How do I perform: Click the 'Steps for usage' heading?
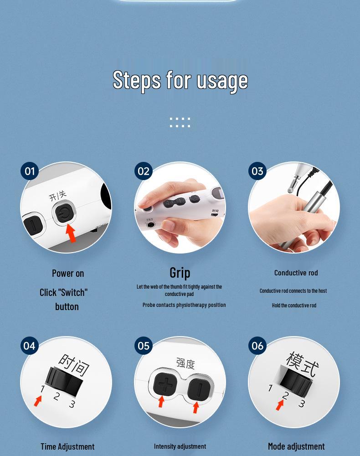pos(180,80)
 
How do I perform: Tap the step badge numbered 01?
pos(30,171)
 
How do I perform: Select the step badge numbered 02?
pos(144,171)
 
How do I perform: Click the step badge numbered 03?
pos(257,171)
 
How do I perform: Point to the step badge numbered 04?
pos(30,346)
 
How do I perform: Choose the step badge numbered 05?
pos(144,346)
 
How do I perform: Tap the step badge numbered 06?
pos(257,346)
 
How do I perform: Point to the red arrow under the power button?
pos(71,232)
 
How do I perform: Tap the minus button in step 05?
pos(200,388)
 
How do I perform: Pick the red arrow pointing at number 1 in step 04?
pos(39,401)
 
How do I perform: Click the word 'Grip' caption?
pos(180,273)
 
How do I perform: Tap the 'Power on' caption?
pos(68,274)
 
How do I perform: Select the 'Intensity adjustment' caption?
pos(180,446)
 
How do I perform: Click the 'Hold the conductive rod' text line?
pos(294,306)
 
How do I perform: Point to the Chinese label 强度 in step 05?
pos(185,363)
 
